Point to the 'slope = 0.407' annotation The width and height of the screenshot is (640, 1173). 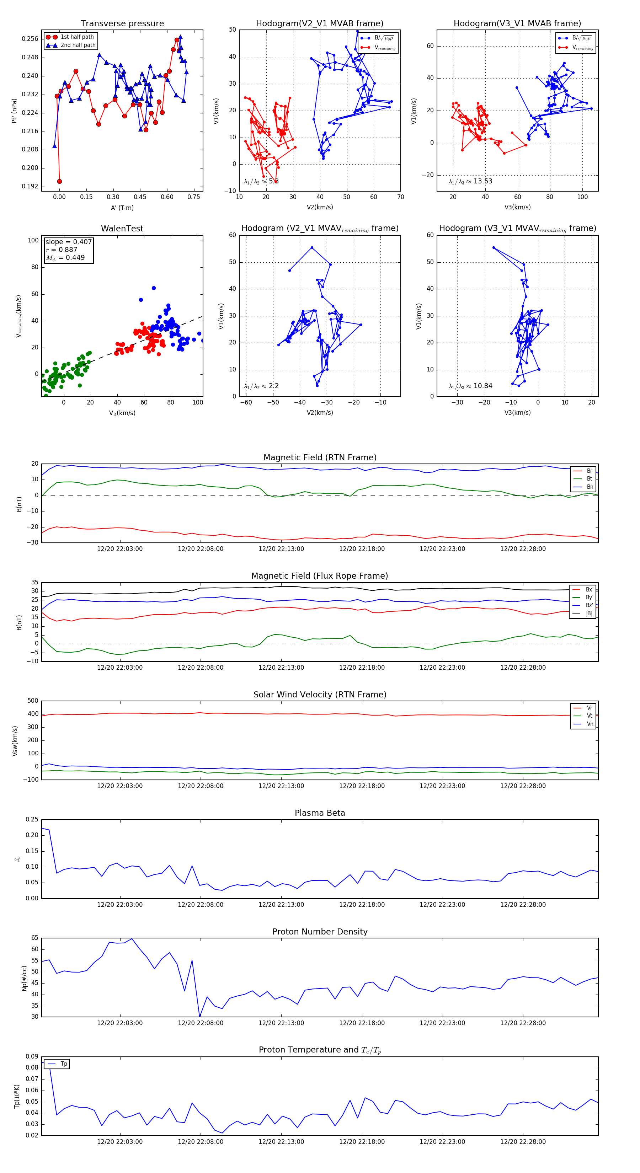point(68,242)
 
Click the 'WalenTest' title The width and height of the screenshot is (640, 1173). point(122,229)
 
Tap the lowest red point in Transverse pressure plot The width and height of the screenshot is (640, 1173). point(60,181)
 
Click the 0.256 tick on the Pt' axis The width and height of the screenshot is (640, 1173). point(30,39)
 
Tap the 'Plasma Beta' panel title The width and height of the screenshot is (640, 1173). point(320,813)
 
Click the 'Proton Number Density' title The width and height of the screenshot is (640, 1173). point(320,932)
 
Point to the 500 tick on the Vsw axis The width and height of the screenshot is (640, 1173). point(33,701)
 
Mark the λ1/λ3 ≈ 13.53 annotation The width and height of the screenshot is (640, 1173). point(470,181)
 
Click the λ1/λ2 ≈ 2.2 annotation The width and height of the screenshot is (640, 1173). point(261,386)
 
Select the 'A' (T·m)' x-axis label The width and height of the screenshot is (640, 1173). point(122,208)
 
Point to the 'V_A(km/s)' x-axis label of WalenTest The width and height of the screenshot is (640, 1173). point(122,413)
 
